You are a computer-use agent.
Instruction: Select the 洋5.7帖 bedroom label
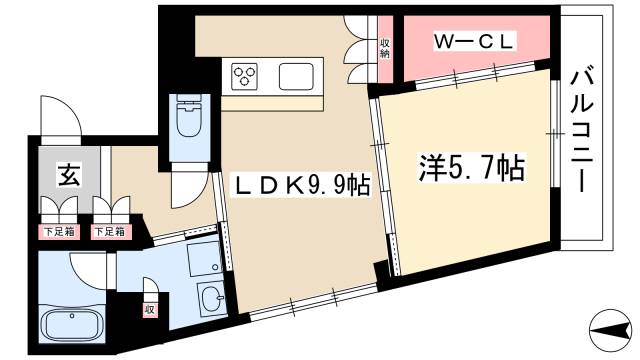pyautogui.click(x=470, y=167)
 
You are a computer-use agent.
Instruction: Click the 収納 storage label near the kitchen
pyautogui.click(x=384, y=47)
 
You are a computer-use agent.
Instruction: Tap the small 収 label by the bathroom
pyautogui.click(x=149, y=309)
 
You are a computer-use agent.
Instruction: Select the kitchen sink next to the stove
pyautogui.click(x=298, y=76)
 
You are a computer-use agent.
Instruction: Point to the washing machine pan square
pyautogui.click(x=203, y=259)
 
